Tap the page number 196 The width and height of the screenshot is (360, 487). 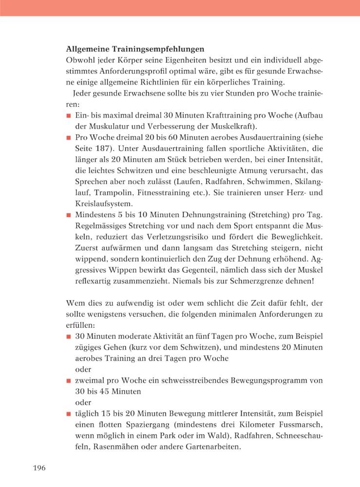[39, 468]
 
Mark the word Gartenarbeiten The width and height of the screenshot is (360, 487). [211, 446]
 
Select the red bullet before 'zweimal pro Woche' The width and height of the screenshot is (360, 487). [69, 380]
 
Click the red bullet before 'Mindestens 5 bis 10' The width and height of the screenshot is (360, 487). [69, 214]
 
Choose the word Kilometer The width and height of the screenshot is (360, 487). [261, 424]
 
